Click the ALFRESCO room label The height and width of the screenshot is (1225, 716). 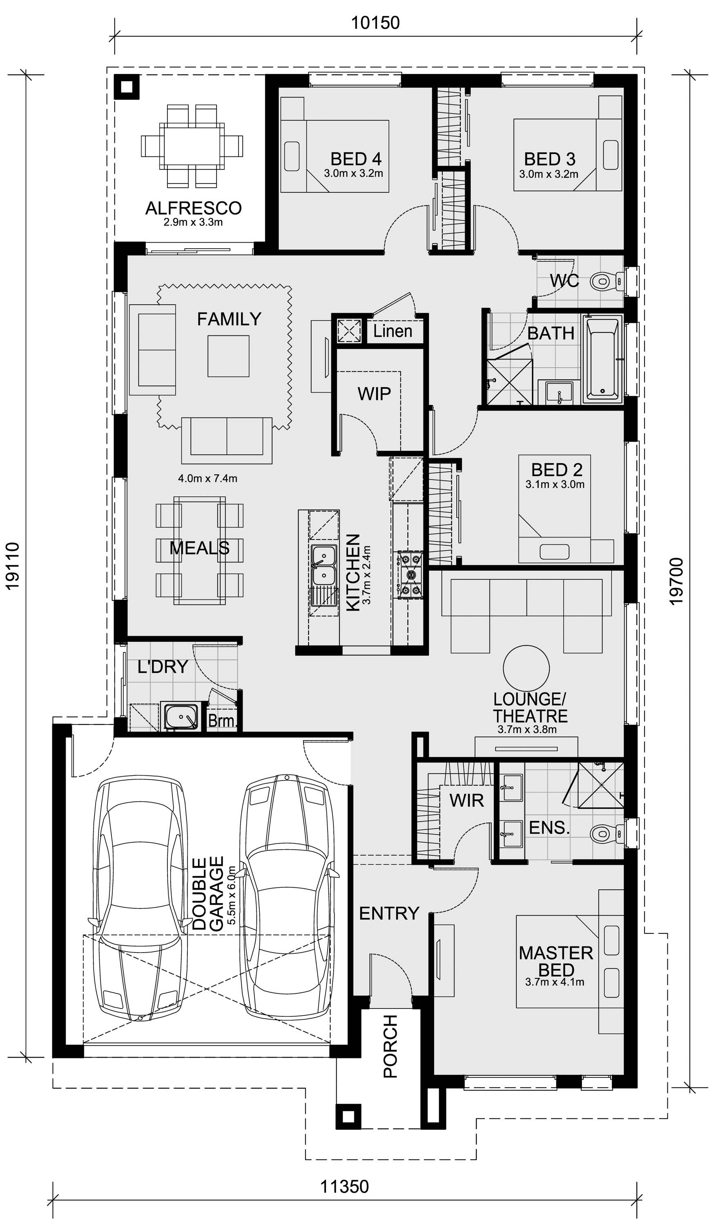click(194, 208)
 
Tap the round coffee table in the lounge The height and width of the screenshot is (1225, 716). click(526, 668)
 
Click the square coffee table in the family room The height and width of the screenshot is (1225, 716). click(228, 356)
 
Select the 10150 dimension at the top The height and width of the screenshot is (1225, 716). click(375, 22)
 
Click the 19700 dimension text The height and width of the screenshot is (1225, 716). click(677, 581)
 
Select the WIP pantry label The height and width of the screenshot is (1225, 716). click(374, 394)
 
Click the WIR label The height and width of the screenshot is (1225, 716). click(466, 800)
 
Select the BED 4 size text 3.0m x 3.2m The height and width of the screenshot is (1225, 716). click(353, 173)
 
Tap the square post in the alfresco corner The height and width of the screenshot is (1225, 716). click(127, 87)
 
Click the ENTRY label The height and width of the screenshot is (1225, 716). click(389, 913)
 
